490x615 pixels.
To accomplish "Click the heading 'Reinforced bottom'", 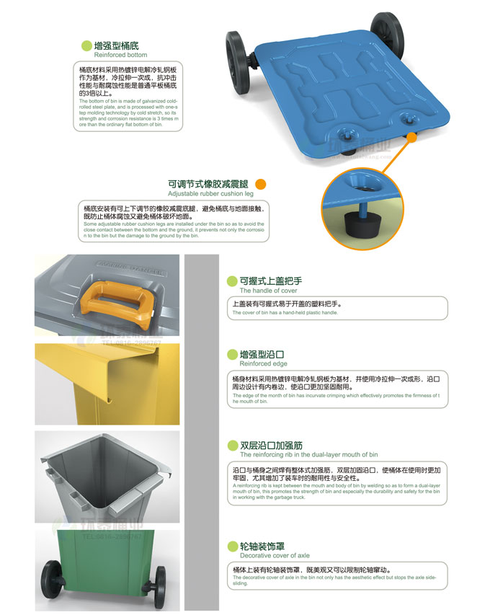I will click(120, 55).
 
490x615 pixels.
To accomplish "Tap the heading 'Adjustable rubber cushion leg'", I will click(210, 194).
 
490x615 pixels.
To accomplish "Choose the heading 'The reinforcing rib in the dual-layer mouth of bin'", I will click(308, 455).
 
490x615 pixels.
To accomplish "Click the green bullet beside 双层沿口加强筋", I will click(232, 446).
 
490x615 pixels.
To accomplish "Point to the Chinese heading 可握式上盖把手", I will click(270, 281).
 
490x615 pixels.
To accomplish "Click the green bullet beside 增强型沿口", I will click(232, 355).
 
